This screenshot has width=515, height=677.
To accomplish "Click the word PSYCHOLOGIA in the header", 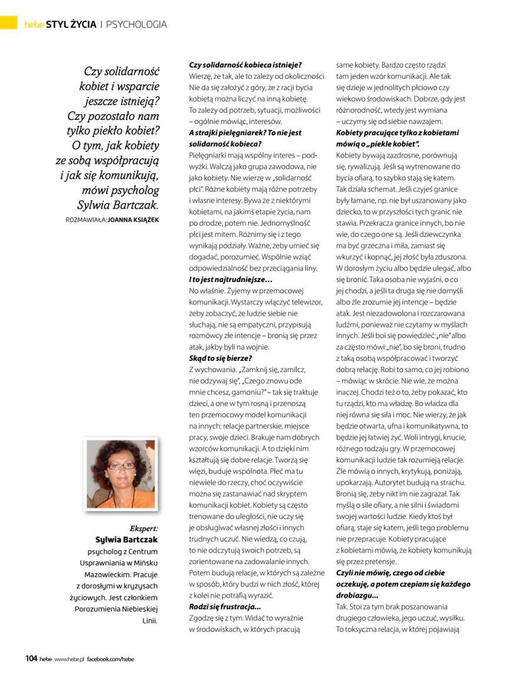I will pos(137,24).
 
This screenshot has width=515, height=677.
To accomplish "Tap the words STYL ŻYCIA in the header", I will pos(71,24).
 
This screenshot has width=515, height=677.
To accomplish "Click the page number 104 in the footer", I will pos(31,658).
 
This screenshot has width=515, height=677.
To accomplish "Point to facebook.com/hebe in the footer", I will pos(111,659).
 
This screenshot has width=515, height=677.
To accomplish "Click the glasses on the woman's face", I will pos(120,465).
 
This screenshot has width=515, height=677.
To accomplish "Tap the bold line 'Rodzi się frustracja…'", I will pos(224,606).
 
